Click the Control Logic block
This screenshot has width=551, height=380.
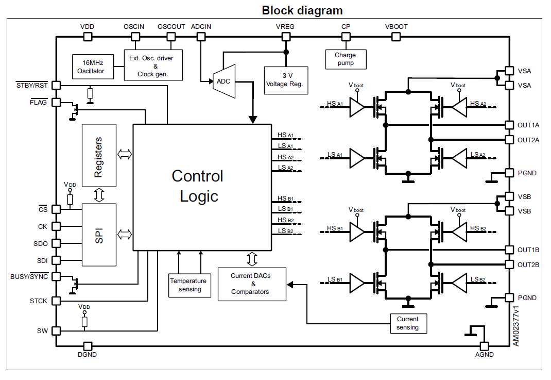pyautogui.click(x=202, y=187)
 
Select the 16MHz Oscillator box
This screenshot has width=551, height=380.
pyautogui.click(x=91, y=67)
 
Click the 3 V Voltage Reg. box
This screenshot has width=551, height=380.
pyautogui.click(x=286, y=80)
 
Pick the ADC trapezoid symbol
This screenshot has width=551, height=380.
pyautogui.click(x=225, y=81)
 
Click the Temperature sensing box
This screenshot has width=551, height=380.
pyautogui.click(x=188, y=285)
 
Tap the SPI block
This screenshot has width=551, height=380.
pyautogui.click(x=99, y=234)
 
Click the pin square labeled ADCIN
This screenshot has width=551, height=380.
pyautogui.click(x=201, y=37)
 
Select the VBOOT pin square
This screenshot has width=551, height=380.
pyautogui.click(x=396, y=37)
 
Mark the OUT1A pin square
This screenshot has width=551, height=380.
pyautogui.click(x=509, y=125)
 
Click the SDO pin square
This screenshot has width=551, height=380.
pyautogui.click(x=56, y=243)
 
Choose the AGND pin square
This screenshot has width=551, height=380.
pyautogui.click(x=484, y=346)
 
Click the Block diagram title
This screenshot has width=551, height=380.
pyautogui.click(x=302, y=10)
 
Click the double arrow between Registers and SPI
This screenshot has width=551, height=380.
pyautogui.click(x=99, y=195)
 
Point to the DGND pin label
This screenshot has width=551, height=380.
pyautogui.click(x=88, y=355)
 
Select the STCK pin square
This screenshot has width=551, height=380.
pyautogui.click(x=56, y=301)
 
